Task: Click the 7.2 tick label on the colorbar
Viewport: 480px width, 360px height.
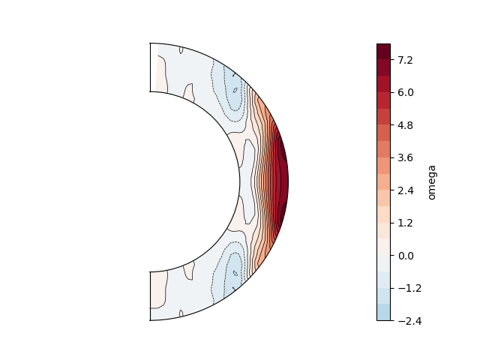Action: coord(405,60)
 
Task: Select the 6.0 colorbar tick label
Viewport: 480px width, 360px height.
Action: coord(405,92)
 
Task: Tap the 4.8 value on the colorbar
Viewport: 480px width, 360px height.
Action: coord(405,125)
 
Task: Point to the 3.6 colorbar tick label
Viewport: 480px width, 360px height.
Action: coord(405,157)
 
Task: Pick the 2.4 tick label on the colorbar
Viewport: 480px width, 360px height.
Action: coord(405,190)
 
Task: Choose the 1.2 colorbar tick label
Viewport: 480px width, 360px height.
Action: coord(405,223)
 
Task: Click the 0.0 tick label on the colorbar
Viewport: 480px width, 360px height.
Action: coord(405,256)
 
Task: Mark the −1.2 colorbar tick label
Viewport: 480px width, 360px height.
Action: coord(409,288)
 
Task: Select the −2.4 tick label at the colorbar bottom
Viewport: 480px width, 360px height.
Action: coord(409,321)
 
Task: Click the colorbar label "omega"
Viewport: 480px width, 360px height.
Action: coord(432,182)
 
